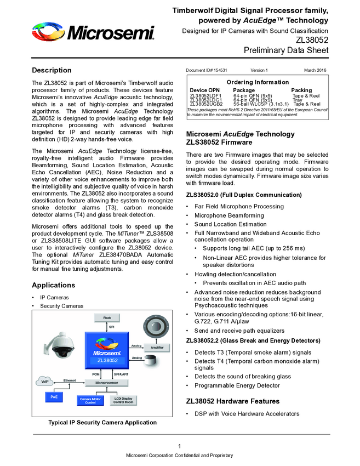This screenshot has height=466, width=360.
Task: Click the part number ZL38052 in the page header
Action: coord(312,40)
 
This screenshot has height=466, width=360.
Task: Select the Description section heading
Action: coord(52,70)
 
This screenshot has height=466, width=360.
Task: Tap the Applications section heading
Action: coord(53,285)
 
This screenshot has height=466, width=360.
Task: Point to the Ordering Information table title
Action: coord(258,82)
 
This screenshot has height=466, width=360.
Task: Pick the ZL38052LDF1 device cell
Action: coord(205,95)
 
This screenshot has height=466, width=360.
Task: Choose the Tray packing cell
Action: coord(297,100)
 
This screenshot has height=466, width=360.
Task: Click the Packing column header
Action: coord(301,90)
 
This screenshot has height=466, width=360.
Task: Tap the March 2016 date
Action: coord(316,70)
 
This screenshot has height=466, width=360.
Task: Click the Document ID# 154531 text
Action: coord(207,70)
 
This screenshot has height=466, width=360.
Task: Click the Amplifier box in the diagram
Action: coord(157,347)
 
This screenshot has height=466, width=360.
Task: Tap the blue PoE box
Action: coord(54,396)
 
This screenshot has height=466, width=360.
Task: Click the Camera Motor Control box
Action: coord(90,401)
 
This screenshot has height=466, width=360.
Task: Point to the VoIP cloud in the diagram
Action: coord(45,381)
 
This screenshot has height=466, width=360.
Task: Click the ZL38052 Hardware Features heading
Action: coord(233,401)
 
